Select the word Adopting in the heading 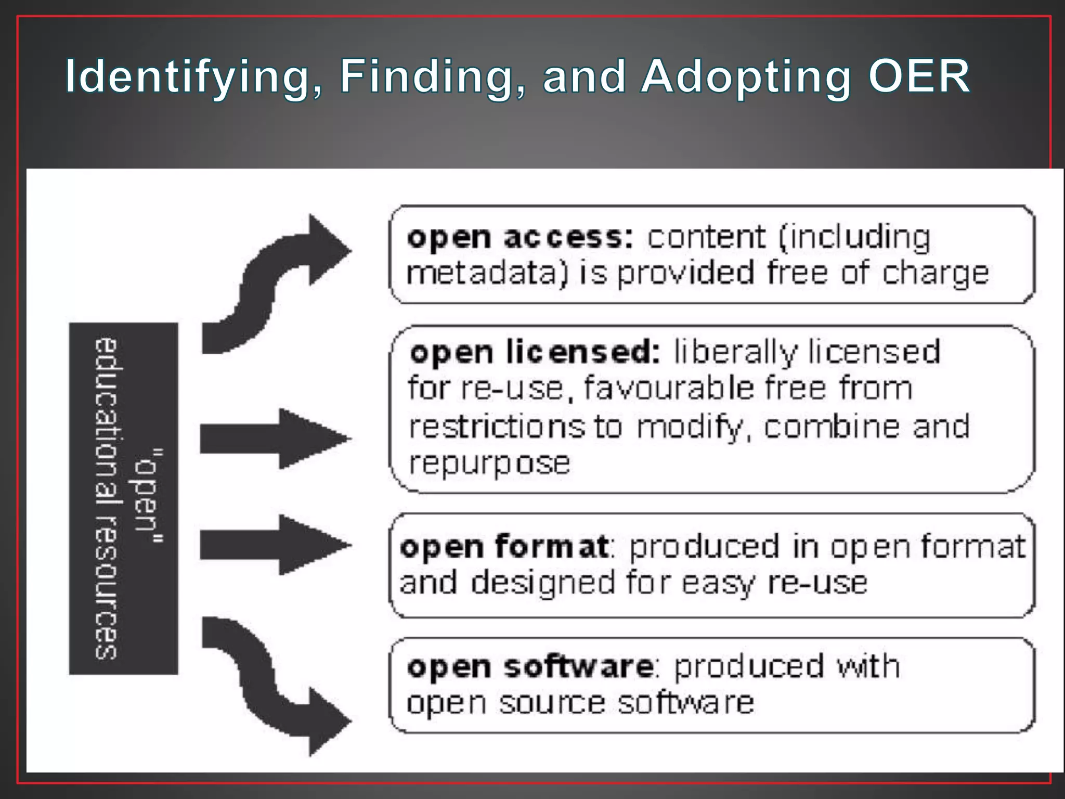[745, 77]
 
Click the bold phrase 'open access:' [519, 238]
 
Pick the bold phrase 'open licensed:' [535, 353]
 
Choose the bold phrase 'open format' [503, 547]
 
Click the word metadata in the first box [486, 273]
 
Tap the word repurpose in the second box [489, 463]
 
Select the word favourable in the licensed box [668, 388]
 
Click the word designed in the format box [543, 582]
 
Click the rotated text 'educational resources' [107, 498]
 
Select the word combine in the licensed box [832, 427]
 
